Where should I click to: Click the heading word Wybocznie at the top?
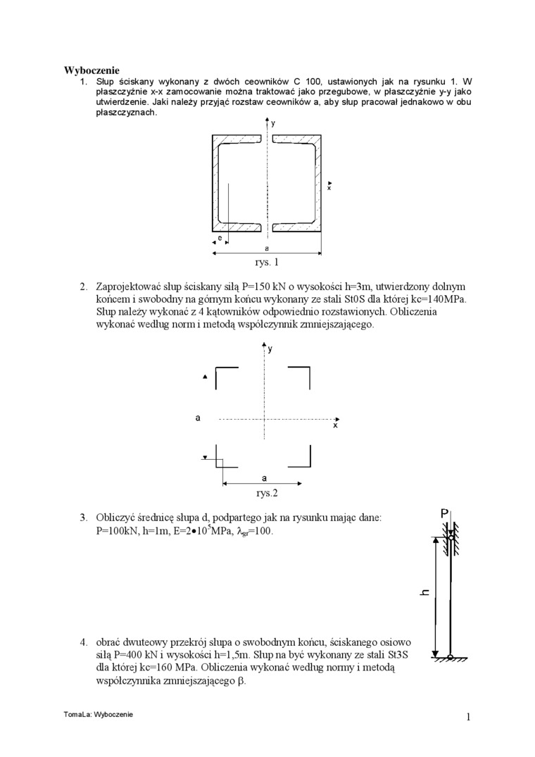tap(92, 70)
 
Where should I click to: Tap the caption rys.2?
tap(266, 493)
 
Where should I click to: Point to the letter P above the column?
tap(445, 513)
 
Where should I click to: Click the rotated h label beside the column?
tap(425, 592)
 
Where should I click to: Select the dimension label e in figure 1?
tap(220, 239)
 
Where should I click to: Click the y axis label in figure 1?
tap(272, 123)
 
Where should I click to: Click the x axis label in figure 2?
tap(335, 425)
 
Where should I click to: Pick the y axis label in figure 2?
tap(271, 349)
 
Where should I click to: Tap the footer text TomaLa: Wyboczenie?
tap(98, 714)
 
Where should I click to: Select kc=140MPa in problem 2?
tap(434, 299)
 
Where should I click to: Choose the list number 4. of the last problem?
tap(83, 642)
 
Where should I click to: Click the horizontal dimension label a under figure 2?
tap(264, 477)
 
